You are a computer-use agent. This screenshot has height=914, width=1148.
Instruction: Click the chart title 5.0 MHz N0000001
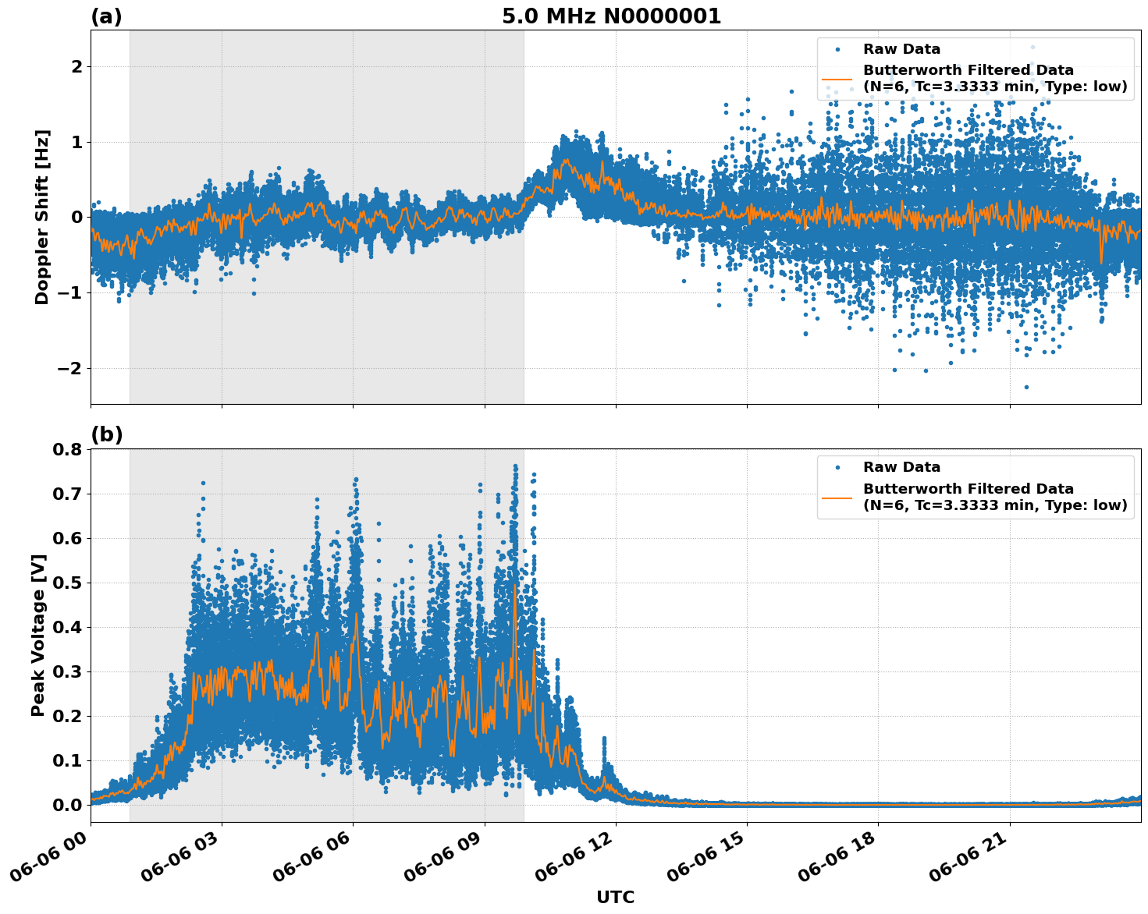(611, 16)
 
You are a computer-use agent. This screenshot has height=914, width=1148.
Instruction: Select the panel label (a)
(106, 16)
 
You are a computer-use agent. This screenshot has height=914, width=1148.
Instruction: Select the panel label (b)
(106, 435)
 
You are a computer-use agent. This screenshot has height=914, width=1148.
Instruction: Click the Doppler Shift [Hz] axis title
(42, 217)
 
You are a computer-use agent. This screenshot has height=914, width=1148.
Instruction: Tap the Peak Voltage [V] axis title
(38, 635)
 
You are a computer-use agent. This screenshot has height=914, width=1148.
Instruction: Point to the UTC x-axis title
(615, 897)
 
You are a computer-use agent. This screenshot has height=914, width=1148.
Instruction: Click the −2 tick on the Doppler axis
(69, 368)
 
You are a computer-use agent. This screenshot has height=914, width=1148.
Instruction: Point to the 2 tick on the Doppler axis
(76, 67)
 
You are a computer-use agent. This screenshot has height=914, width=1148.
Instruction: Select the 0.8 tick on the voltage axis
(66, 450)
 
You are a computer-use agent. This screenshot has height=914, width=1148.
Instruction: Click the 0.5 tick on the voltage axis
(66, 583)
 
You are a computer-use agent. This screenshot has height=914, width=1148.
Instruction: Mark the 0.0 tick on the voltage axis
(66, 805)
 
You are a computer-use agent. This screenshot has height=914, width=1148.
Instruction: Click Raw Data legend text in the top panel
(901, 49)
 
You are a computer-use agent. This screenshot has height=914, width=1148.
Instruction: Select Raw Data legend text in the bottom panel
(901, 467)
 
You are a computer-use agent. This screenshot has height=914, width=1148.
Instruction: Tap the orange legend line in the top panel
(837, 79)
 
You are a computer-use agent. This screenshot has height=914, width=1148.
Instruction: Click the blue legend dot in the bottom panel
(837, 468)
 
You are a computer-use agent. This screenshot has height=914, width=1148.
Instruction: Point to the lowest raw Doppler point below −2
(1026, 387)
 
